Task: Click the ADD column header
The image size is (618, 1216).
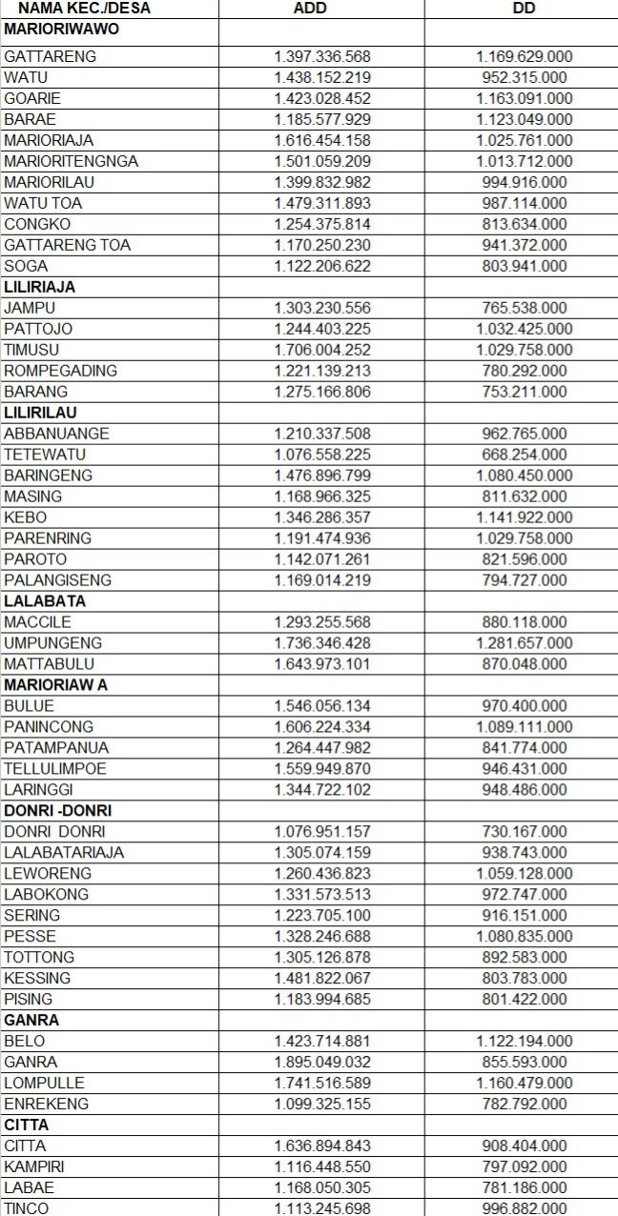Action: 322,9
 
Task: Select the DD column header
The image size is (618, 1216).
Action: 524,9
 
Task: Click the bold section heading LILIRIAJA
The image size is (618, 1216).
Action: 39,287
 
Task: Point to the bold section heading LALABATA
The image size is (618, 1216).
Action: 44,601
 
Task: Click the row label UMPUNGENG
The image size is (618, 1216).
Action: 52,643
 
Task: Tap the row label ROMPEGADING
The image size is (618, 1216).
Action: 60,371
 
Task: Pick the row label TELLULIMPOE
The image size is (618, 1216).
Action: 55,769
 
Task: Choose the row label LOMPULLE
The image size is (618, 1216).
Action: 44,1084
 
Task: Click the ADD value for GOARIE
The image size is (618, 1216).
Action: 322,98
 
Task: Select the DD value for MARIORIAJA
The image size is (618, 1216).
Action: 524,140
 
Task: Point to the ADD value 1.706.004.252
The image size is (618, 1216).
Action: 322,350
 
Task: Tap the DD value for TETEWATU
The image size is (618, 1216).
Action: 524,455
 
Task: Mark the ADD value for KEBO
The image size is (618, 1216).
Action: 322,517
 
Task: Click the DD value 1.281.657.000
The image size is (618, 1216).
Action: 524,643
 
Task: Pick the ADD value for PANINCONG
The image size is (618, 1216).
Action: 322,727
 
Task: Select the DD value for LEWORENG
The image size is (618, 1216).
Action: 524,874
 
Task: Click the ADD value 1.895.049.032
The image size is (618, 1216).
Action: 322,1063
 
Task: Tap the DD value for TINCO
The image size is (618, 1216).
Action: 524,1208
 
